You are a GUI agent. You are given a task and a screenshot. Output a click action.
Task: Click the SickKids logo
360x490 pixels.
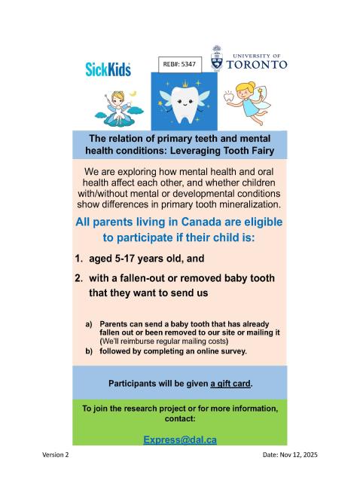[x=108, y=69]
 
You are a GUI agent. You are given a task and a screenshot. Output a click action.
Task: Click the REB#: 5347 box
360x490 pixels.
[x=180, y=65]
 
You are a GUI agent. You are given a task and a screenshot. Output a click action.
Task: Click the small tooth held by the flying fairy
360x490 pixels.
[x=227, y=96]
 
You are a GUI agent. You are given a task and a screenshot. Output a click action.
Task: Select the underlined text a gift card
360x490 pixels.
[x=230, y=383]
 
